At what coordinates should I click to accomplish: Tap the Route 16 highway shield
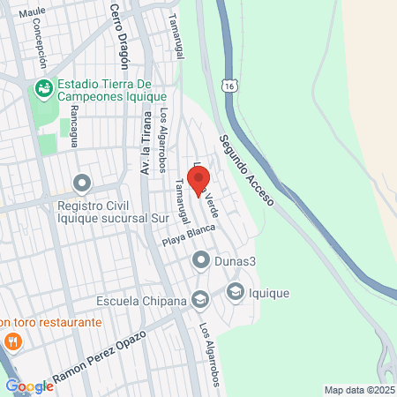coord(229,86)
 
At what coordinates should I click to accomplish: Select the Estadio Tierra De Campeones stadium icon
coord(42,88)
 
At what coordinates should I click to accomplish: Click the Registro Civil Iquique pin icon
coord(82,184)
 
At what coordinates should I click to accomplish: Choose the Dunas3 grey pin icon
coord(200,260)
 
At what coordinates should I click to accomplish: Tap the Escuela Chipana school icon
coord(200,300)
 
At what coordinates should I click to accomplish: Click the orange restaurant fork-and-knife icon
coord(12,341)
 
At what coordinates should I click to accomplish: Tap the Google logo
coord(29,386)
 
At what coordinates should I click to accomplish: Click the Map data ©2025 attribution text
coord(358,390)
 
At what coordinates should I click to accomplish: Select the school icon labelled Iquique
coord(236,291)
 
